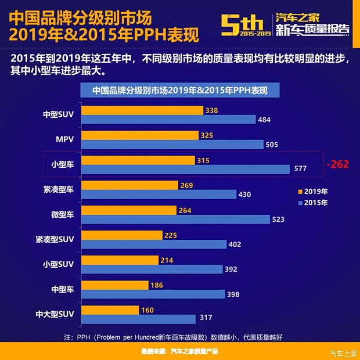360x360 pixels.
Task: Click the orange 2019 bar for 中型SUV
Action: [x=142, y=110]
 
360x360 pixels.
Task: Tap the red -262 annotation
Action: [x=337, y=165]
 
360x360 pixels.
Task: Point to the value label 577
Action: [x=300, y=170]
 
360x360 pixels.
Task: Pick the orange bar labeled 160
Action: [x=110, y=310]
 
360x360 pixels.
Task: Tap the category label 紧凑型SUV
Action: [x=55, y=239]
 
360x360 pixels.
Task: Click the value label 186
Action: [x=172, y=285]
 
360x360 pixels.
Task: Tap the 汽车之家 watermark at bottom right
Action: [x=343, y=354]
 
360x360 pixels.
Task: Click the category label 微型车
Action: [x=62, y=215]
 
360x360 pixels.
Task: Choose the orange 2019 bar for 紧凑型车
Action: [x=129, y=185]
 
